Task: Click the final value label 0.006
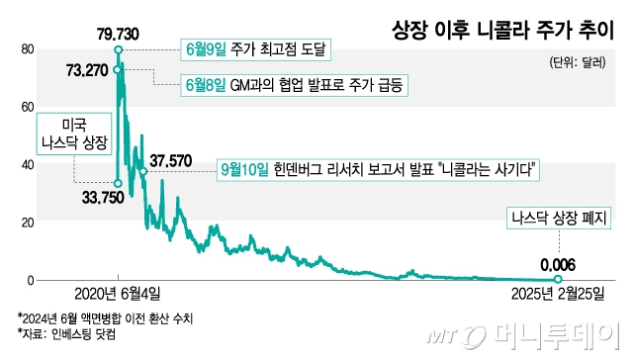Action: (558, 264)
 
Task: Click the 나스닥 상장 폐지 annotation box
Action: (558, 219)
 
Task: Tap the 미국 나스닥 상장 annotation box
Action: (73, 135)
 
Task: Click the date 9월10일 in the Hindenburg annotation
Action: (243, 170)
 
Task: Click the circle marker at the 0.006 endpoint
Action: (558, 280)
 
